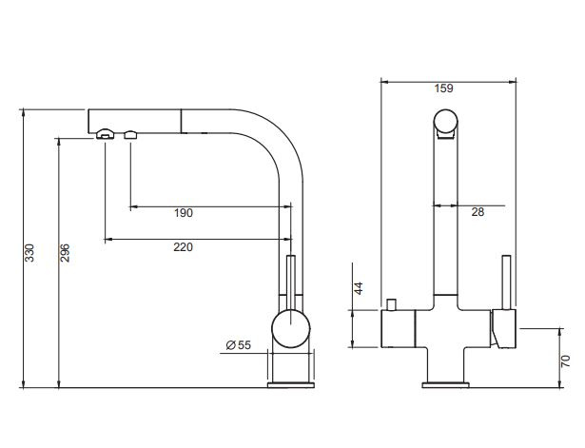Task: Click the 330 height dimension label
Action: point(29,253)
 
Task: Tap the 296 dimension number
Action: point(65,253)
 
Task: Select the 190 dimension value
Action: point(184,213)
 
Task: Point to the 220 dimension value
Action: point(184,247)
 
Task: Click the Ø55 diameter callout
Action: point(239,345)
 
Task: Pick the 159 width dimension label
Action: point(443,88)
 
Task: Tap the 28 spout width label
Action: point(478,212)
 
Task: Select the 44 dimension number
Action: point(359,288)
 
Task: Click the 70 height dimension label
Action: point(566,361)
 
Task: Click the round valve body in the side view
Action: point(291,329)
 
